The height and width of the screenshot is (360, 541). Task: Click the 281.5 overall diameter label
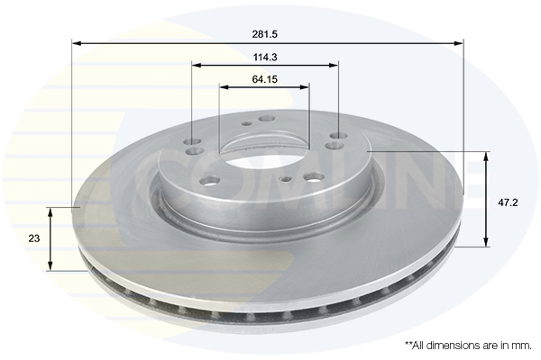[x=264, y=34]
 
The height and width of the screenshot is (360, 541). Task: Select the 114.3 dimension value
[x=265, y=58]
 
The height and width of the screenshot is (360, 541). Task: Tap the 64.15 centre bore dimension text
[x=264, y=79]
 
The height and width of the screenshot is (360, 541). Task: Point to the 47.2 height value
[x=508, y=202]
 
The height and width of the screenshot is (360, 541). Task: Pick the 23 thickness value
[x=34, y=238]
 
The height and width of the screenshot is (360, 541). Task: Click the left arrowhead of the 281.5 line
[x=77, y=43]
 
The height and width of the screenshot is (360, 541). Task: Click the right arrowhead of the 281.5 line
[x=459, y=43]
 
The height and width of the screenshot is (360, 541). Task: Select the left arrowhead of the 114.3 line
[x=197, y=65]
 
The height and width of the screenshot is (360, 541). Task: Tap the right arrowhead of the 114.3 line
[x=334, y=65]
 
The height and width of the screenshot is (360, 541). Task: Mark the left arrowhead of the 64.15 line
[x=224, y=87]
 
